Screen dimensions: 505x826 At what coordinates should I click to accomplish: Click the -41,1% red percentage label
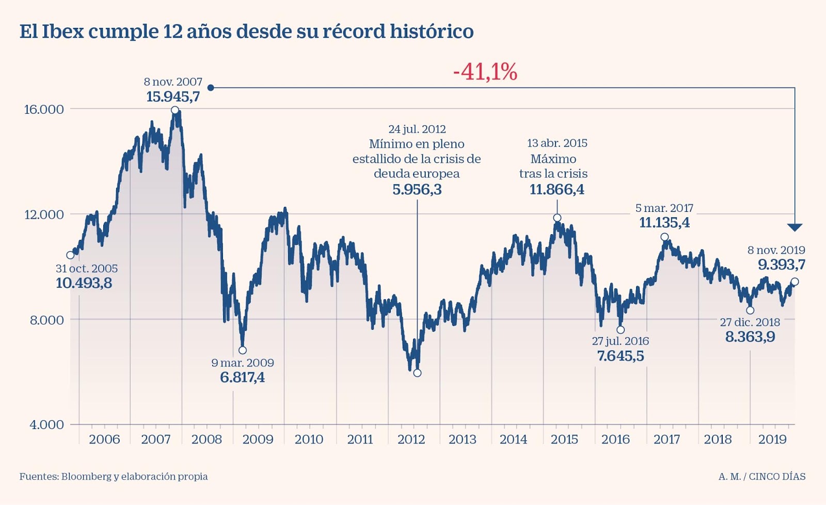(x=485, y=72)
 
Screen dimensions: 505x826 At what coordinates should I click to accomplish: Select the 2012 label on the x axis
(x=411, y=439)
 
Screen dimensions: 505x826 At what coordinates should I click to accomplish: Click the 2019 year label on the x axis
(x=772, y=439)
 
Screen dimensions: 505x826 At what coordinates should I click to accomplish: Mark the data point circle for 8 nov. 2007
(x=175, y=110)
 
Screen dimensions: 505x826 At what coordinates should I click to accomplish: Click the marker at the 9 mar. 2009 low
(x=243, y=350)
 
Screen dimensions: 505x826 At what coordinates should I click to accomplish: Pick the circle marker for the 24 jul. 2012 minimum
(x=417, y=373)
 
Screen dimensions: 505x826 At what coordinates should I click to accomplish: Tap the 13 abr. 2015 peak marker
(x=557, y=218)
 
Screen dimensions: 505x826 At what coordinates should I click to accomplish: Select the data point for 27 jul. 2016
(x=621, y=330)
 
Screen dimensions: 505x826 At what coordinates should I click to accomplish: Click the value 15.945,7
(x=173, y=97)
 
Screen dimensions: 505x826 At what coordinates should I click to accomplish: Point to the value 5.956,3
(x=417, y=190)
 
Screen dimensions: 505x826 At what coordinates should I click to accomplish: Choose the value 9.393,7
(x=781, y=265)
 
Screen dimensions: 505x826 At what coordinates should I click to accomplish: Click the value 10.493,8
(x=84, y=283)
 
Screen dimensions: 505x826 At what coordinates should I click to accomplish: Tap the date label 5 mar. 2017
(x=664, y=208)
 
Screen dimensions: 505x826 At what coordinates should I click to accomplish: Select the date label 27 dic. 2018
(x=750, y=323)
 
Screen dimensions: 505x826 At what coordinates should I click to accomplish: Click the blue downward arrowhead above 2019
(x=795, y=227)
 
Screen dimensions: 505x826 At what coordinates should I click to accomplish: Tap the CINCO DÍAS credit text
(x=777, y=477)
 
